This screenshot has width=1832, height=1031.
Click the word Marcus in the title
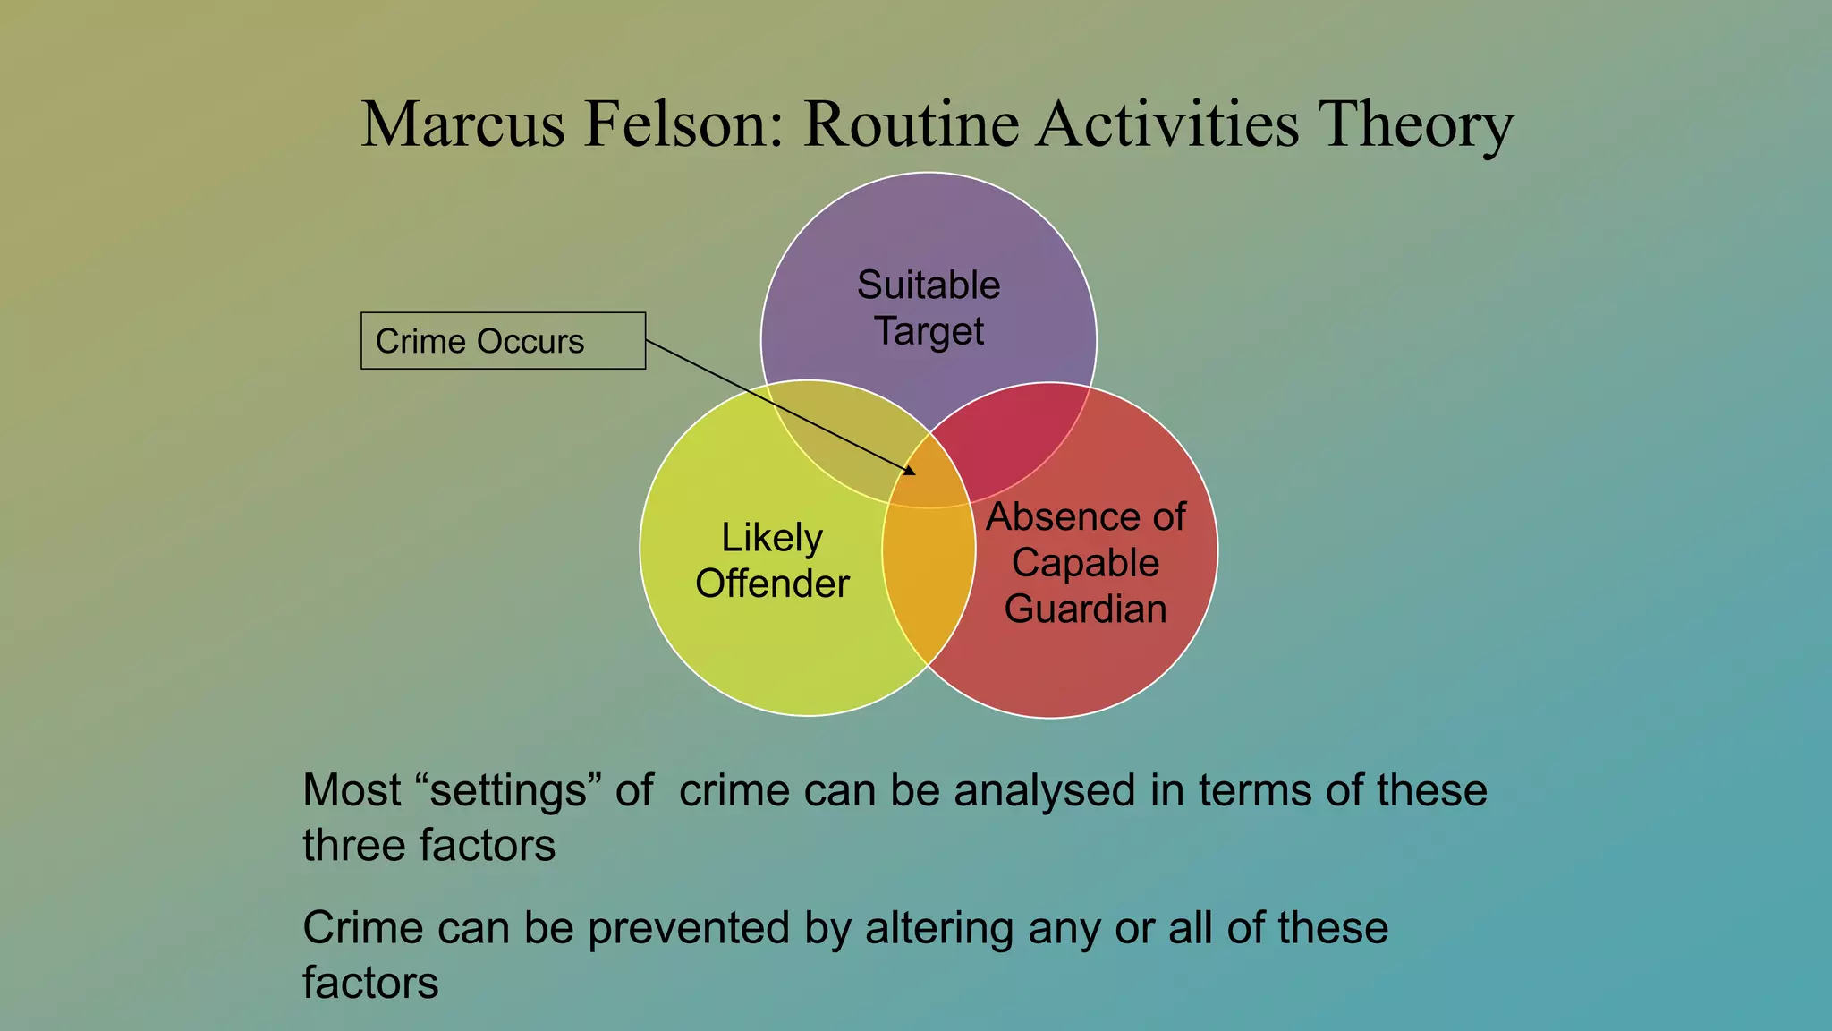pyautogui.click(x=462, y=124)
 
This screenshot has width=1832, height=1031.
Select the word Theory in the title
pyautogui.click(x=1416, y=124)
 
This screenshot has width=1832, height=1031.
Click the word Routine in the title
pyautogui.click(x=911, y=124)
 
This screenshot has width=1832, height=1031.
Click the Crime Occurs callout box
pyautogui.click(x=503, y=341)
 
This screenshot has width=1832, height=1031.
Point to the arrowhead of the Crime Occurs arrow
pyautogui.click(x=911, y=471)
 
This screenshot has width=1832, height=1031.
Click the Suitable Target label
pyautogui.click(x=929, y=308)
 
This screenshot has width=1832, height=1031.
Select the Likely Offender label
pyautogui.click(x=772, y=560)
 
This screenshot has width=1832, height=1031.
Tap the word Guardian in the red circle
pyautogui.click(x=1085, y=609)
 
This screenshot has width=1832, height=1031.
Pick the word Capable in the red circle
pyautogui.click(x=1085, y=563)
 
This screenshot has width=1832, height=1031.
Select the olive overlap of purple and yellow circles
pyautogui.click(x=832, y=430)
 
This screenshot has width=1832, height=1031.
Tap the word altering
pyautogui.click(x=939, y=928)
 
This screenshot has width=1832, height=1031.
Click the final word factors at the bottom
pyautogui.click(x=370, y=984)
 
